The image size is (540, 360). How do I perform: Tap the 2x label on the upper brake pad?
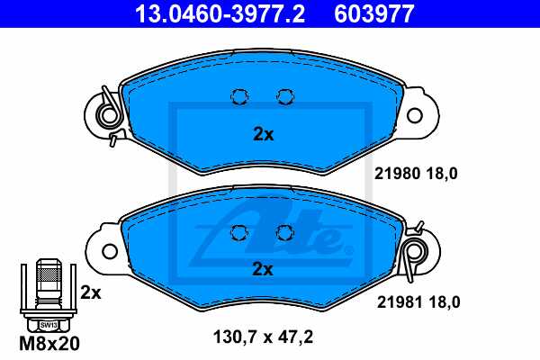click(x=263, y=135)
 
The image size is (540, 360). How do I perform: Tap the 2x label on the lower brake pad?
click(x=263, y=268)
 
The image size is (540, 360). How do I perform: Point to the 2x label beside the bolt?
click(x=90, y=292)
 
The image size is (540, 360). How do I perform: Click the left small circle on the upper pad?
click(x=240, y=97)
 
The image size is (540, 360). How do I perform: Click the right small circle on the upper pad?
click(x=285, y=97)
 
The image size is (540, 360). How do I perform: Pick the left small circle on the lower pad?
click(x=240, y=232)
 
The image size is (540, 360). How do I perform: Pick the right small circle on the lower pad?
click(x=285, y=232)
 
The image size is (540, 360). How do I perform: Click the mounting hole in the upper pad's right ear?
click(x=414, y=116)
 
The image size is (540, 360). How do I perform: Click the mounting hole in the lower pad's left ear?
click(x=111, y=250)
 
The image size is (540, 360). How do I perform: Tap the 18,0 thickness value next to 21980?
click(x=444, y=175)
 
